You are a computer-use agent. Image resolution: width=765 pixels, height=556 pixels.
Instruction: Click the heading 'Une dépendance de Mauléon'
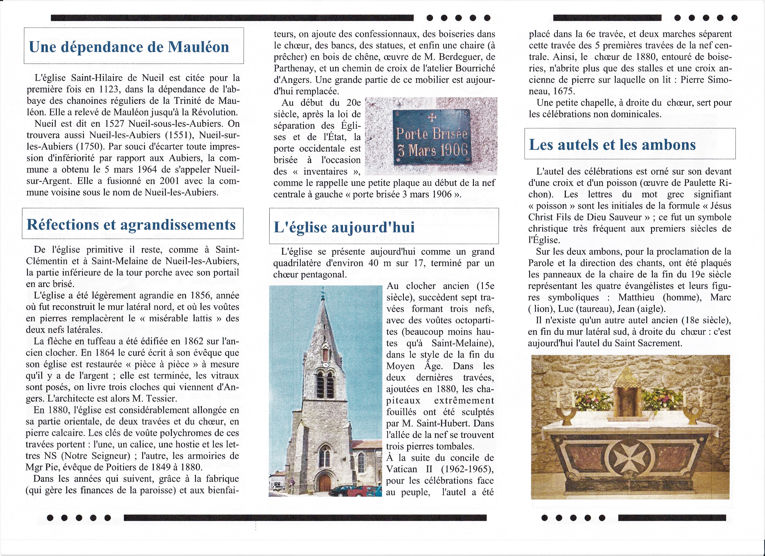click(129, 47)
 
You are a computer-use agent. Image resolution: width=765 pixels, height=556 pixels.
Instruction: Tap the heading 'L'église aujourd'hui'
click(344, 227)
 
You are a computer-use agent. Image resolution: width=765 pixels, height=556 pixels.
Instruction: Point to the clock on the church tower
click(326, 365)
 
